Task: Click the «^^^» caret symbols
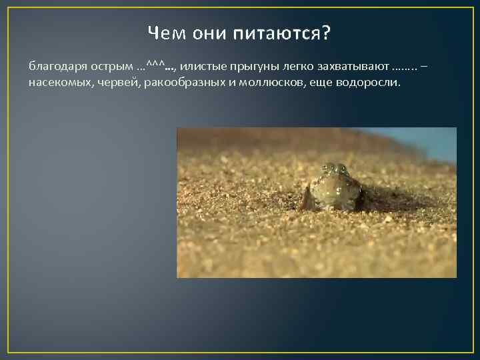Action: coord(154,65)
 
